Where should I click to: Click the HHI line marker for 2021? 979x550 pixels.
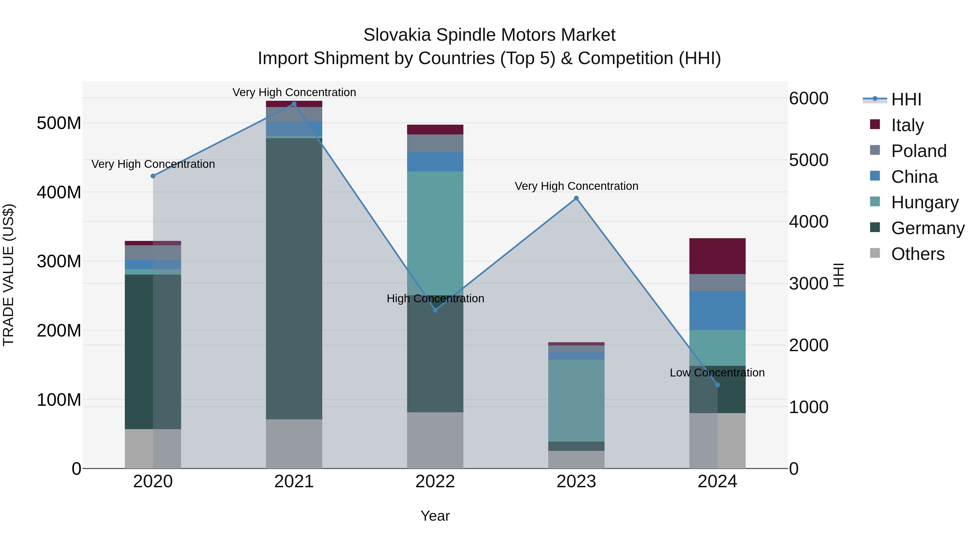(294, 104)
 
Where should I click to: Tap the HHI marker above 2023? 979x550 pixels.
(576, 198)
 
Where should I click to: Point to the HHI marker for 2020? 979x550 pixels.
(153, 176)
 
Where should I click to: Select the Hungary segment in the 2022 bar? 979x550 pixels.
(435, 233)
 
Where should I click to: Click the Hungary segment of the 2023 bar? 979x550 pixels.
(576, 400)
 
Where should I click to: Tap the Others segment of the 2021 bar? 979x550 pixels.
(294, 444)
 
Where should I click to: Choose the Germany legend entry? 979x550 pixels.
(927, 228)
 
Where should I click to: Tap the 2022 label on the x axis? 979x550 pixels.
(435, 482)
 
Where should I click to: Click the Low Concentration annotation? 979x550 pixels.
(717, 373)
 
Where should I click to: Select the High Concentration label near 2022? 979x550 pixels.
(435, 298)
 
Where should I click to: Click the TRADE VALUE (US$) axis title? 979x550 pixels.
(8, 275)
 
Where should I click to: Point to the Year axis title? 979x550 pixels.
(435, 516)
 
